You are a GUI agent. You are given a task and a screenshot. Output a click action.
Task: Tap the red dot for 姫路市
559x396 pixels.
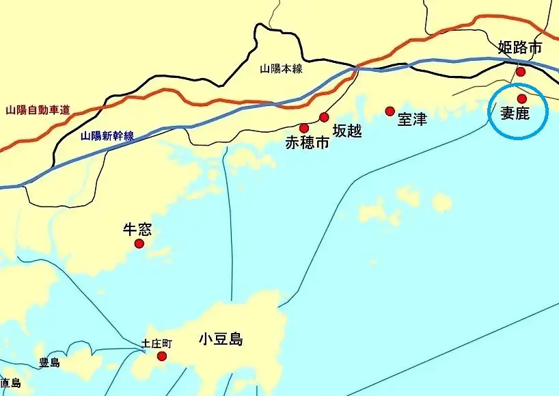[521, 72]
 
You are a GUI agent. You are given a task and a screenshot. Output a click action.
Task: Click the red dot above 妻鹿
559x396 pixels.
[522, 98]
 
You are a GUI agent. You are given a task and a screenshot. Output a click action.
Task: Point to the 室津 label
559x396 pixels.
[412, 119]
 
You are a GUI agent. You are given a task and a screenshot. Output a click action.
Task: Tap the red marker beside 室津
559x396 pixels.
[390, 111]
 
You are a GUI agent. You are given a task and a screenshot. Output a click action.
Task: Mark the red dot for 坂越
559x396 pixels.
[325, 117]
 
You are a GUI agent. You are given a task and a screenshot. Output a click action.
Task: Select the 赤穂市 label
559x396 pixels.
[307, 143]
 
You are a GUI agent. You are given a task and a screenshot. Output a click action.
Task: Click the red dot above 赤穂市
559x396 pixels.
[304, 128]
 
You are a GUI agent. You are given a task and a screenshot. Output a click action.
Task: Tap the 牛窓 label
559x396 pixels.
[137, 229]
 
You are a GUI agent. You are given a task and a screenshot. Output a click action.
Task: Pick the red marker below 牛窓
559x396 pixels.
[139, 243]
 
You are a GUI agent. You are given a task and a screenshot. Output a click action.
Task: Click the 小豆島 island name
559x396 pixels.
[221, 339]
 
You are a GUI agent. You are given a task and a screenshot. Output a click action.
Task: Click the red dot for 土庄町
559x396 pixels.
[162, 356]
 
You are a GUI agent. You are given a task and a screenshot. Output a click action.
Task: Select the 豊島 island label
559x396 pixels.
[49, 362]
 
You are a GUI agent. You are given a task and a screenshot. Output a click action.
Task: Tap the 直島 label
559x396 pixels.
[9, 383]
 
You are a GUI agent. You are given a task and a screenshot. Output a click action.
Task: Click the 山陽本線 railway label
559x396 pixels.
[281, 68]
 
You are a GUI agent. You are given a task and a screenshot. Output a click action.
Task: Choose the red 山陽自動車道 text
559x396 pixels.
[38, 109]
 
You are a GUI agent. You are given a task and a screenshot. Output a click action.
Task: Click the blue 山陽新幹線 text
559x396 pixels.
[107, 135]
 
